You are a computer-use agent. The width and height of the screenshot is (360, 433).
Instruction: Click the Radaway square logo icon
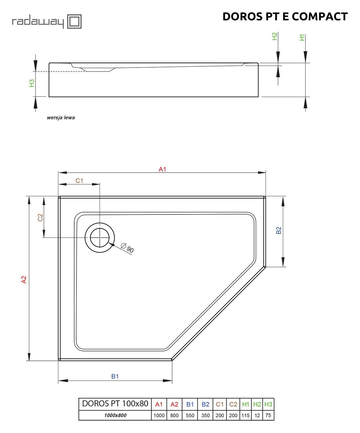(74, 21)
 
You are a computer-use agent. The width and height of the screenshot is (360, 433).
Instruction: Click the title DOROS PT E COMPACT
(285, 16)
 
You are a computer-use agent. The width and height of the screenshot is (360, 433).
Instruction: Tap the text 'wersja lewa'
(61, 117)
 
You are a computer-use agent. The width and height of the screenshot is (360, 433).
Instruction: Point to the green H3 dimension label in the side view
(32, 83)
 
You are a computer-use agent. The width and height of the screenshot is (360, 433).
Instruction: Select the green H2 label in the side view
(274, 36)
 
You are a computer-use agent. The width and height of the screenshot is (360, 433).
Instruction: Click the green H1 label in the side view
(302, 38)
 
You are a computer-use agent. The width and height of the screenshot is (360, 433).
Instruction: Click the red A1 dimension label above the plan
(162, 169)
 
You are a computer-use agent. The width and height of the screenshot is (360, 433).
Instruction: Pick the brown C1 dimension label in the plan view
(79, 181)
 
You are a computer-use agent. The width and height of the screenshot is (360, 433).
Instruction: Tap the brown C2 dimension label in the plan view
(40, 218)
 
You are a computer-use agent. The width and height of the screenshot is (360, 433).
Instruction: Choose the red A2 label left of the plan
(24, 279)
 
